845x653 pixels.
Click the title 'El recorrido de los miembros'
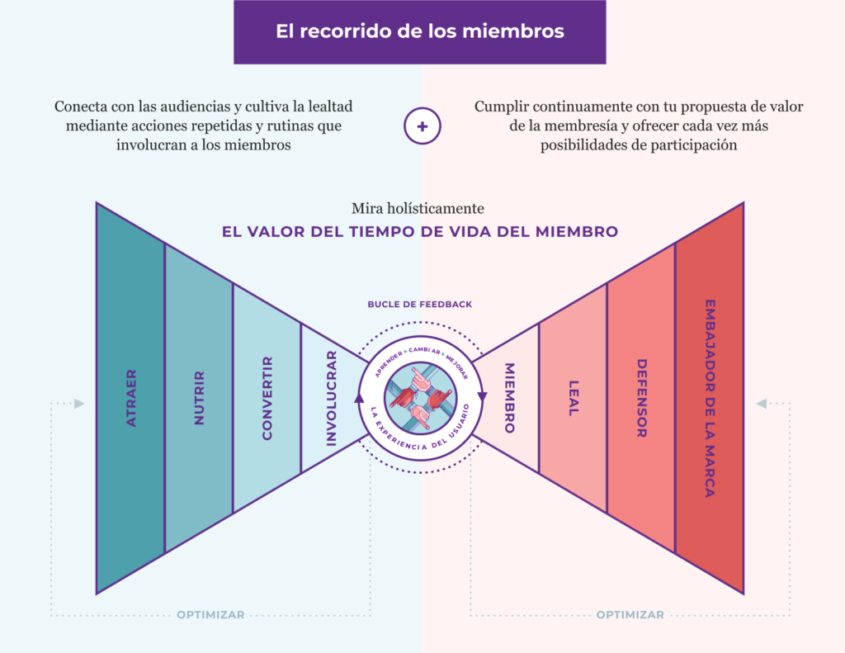[x=420, y=31]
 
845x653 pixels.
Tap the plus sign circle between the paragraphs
[x=422, y=126]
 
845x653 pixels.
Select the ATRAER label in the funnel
[x=131, y=398]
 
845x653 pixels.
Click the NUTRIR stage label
[x=199, y=398]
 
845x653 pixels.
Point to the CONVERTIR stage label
[x=267, y=398]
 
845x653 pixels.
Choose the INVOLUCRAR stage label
[x=332, y=398]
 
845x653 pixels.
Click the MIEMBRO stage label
[x=509, y=398]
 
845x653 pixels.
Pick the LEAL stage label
[x=574, y=398]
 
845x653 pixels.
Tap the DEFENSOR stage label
[x=641, y=398]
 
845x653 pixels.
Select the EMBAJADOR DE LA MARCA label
[x=710, y=398]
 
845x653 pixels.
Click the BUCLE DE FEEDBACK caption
[x=420, y=304]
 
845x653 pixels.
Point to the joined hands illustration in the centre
[x=420, y=398]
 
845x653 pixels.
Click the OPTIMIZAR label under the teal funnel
[x=210, y=615]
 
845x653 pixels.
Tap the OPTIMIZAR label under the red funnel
[x=630, y=615]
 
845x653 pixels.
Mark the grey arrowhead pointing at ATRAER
[x=79, y=404]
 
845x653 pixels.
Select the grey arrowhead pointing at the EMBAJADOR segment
[x=762, y=404]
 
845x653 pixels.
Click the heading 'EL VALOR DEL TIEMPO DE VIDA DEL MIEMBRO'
[x=420, y=232]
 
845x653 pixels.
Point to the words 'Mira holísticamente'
[x=418, y=208]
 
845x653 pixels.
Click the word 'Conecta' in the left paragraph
[x=80, y=106]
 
